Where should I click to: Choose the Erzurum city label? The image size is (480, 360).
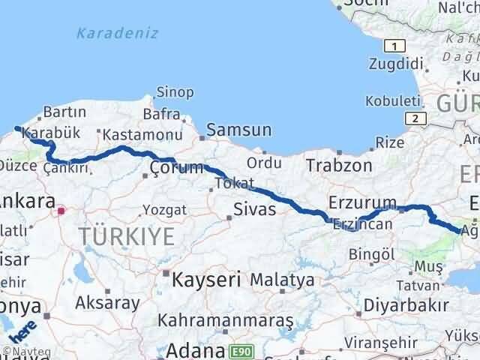[361, 202]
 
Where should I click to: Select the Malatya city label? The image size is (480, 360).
[282, 280]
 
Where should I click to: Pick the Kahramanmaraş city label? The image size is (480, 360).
[226, 321]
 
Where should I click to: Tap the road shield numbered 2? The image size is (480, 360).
[413, 118]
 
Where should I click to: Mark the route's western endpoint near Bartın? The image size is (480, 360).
[16, 128]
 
